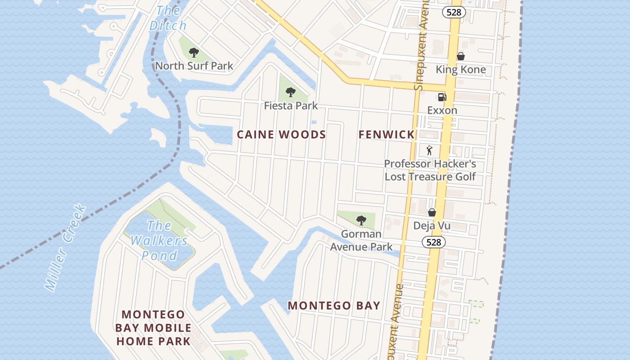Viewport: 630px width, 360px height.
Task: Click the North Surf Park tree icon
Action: (194, 53)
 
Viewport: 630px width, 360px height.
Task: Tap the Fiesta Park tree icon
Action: (291, 92)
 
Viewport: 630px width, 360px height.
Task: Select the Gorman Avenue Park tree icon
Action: (361, 220)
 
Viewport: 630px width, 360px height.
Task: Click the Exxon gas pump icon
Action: (442, 97)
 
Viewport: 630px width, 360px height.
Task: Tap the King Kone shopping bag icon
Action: (460, 56)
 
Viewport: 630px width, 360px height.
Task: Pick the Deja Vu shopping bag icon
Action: (432, 212)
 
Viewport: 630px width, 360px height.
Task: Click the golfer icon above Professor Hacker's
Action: (430, 150)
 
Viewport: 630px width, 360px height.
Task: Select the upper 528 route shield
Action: (454, 12)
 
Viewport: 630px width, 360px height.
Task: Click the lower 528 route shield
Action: (434, 242)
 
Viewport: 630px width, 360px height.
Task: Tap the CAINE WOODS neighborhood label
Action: (281, 135)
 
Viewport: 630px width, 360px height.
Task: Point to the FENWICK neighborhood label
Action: (387, 135)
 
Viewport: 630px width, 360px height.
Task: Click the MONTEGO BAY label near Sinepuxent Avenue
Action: (334, 306)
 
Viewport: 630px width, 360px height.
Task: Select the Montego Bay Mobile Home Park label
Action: (153, 328)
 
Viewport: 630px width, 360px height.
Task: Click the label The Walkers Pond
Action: (159, 240)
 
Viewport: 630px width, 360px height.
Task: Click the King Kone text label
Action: (460, 70)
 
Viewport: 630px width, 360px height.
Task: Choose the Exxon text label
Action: (442, 110)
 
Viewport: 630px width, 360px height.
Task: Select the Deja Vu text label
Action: (432, 226)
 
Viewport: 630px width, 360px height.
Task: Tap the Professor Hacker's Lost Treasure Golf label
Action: (430, 170)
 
